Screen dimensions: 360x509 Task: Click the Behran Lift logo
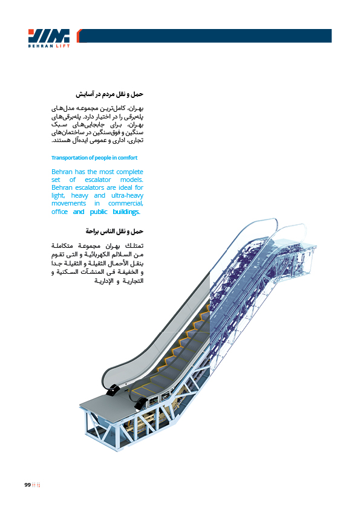(x=49, y=38)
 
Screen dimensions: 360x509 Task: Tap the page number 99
(x=27, y=485)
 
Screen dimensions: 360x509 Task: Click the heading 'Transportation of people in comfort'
(x=94, y=158)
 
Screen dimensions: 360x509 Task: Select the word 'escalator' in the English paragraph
(x=98, y=180)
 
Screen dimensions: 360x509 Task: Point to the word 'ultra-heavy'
(x=127, y=196)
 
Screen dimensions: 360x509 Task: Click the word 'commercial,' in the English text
(x=126, y=204)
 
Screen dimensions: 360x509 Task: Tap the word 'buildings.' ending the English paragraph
(x=126, y=212)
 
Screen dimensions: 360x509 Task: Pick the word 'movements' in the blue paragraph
(x=68, y=204)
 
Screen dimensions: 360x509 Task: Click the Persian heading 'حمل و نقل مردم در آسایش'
(x=110, y=94)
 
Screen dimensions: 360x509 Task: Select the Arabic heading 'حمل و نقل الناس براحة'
(x=114, y=232)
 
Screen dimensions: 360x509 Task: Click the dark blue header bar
(x=205, y=36)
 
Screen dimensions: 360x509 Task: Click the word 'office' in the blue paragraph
(x=59, y=212)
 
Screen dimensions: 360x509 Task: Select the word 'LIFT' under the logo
(x=63, y=46)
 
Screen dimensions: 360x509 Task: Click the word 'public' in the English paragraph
(x=99, y=212)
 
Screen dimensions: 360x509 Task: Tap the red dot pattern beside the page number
(x=36, y=485)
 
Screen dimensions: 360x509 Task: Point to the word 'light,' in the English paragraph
(x=58, y=196)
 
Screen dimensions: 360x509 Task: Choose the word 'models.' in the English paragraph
(x=131, y=180)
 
